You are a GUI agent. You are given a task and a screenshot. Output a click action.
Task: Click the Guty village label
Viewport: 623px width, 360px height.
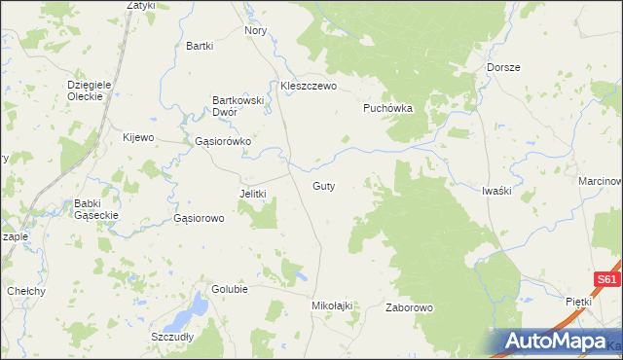coord(324,185)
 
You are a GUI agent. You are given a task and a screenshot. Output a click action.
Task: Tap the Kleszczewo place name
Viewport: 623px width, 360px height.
coord(308,86)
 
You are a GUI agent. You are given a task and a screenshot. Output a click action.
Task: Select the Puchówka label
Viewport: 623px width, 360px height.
coord(388,108)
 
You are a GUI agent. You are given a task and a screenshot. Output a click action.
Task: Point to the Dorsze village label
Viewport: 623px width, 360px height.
coord(503,67)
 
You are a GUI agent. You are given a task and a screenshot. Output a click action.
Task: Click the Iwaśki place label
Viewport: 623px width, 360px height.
coord(496,191)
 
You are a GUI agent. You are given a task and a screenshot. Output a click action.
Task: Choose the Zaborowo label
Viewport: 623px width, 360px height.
coord(409,307)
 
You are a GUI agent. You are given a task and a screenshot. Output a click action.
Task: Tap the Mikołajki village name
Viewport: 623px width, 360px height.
coord(331,306)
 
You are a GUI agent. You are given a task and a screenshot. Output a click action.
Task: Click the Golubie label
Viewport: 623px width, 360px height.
coord(230,290)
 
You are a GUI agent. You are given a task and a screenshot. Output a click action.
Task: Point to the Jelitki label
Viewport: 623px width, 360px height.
coord(253,194)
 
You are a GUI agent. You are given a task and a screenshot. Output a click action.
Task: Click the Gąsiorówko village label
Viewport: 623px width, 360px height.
coord(223,141)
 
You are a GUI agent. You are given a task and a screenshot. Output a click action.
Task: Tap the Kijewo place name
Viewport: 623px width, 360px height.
coord(138,137)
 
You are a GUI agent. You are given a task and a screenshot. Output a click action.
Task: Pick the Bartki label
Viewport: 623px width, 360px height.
coord(200,46)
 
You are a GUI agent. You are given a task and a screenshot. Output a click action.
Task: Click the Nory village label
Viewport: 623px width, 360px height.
coord(256,31)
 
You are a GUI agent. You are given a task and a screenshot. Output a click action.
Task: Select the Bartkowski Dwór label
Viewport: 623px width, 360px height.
coord(238,105)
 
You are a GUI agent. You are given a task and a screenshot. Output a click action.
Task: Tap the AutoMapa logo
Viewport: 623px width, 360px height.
coord(560,342)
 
